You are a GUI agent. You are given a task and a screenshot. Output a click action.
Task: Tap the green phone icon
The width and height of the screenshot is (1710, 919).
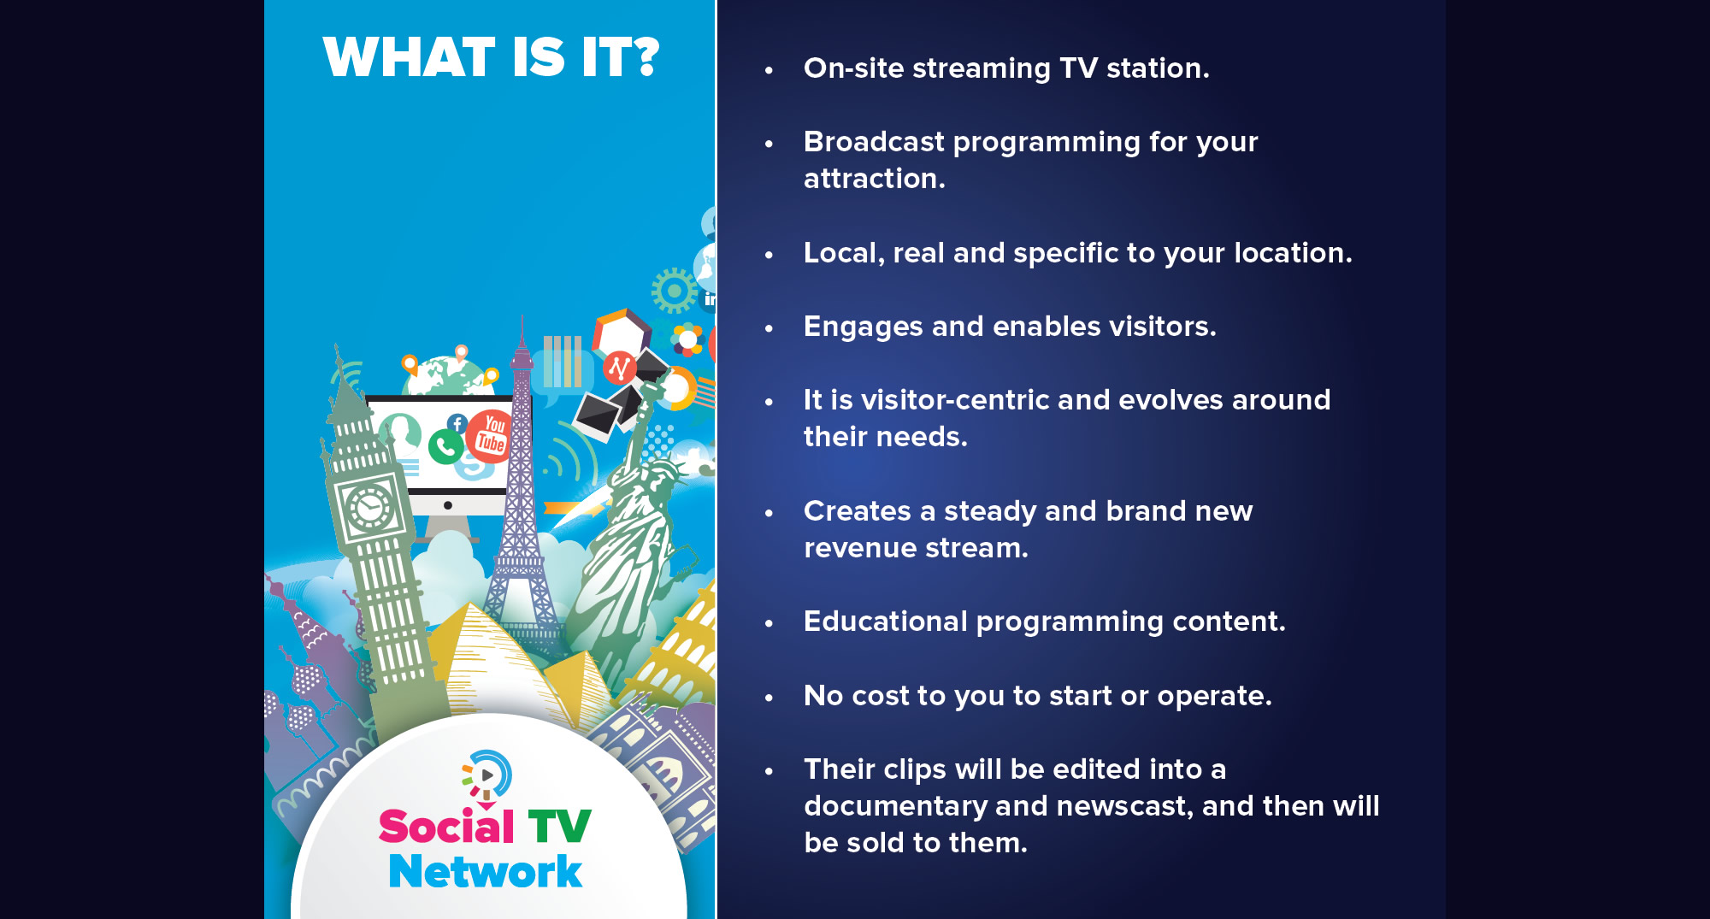pyautogui.click(x=445, y=447)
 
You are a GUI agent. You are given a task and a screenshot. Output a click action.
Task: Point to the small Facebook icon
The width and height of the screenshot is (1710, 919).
pyautogui.click(x=457, y=423)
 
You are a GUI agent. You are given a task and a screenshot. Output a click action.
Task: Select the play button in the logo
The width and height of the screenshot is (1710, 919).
pyautogui.click(x=486, y=775)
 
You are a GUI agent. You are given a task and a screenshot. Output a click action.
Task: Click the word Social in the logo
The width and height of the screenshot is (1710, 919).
pyautogui.click(x=446, y=826)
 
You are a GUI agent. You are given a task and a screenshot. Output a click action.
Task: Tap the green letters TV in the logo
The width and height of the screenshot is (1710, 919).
pyautogui.click(x=559, y=827)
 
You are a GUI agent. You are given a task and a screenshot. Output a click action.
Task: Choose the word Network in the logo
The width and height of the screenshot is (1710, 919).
pyautogui.click(x=486, y=871)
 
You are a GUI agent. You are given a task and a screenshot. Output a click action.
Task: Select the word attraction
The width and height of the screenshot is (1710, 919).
pyautogui.click(x=875, y=179)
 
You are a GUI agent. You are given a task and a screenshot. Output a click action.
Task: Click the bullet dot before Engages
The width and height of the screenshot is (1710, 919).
pyautogui.click(x=769, y=328)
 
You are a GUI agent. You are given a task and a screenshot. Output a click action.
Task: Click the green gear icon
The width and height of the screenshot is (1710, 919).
pyautogui.click(x=675, y=291)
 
